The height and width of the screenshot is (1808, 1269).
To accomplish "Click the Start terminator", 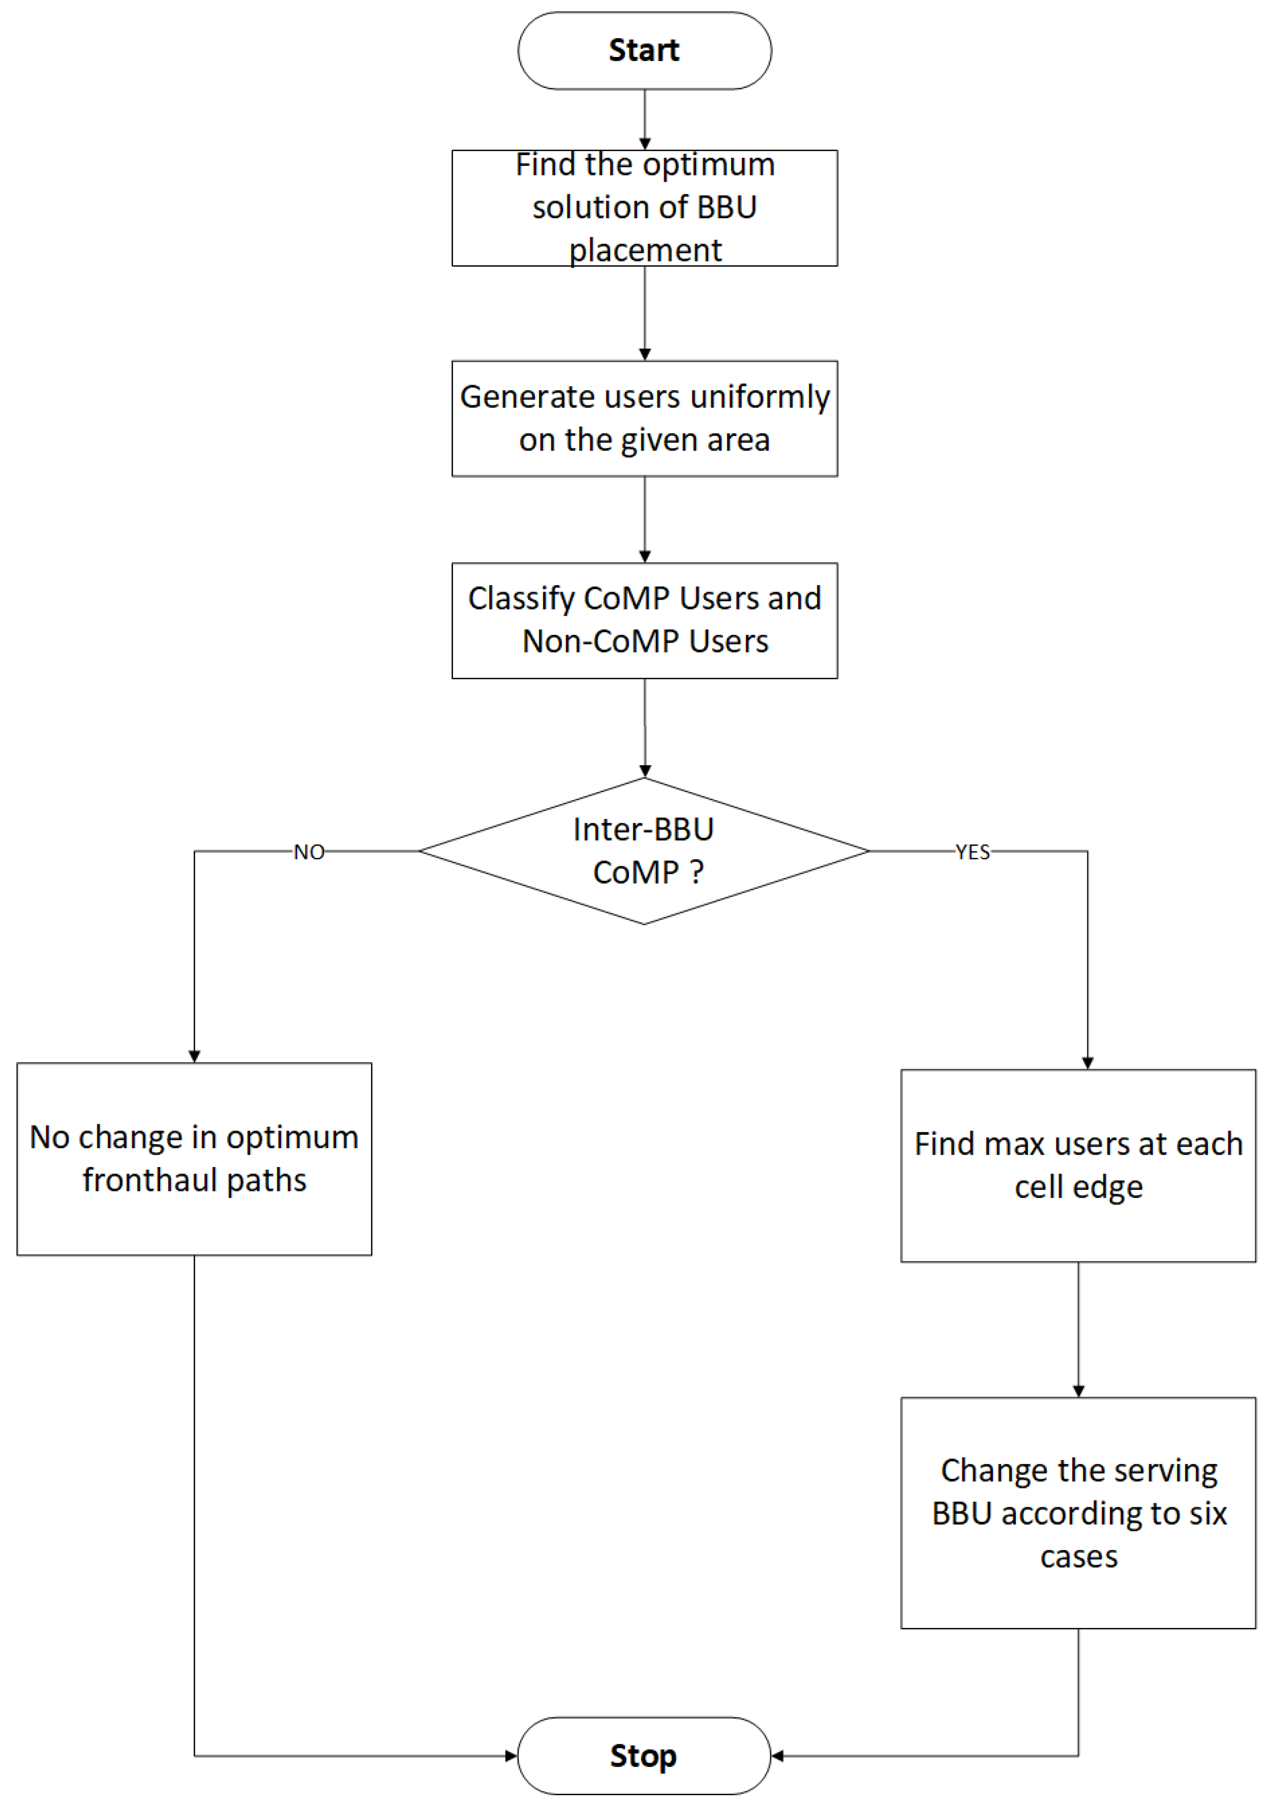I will pyautogui.click(x=644, y=50).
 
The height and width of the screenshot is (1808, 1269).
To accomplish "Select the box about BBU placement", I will pyautogui.click(x=644, y=208).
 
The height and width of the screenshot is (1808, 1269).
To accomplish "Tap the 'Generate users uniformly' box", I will pyautogui.click(x=644, y=418).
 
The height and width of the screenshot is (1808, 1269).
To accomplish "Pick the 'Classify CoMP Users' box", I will pyautogui.click(x=644, y=621).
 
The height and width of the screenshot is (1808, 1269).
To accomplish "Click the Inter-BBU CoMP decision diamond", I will pyautogui.click(x=644, y=851).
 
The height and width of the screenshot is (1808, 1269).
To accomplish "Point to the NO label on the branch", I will pyautogui.click(x=309, y=852).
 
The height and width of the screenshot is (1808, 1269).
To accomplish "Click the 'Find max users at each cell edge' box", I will pyautogui.click(x=1078, y=1165).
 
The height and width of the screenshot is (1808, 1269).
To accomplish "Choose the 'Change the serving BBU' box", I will pyautogui.click(x=1078, y=1513).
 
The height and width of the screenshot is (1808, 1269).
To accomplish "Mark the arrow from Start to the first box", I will pyautogui.click(x=645, y=118).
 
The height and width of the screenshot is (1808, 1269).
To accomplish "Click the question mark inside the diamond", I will pyautogui.click(x=696, y=872).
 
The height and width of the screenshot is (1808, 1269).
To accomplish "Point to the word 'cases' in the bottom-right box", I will pyautogui.click(x=1078, y=1557).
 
